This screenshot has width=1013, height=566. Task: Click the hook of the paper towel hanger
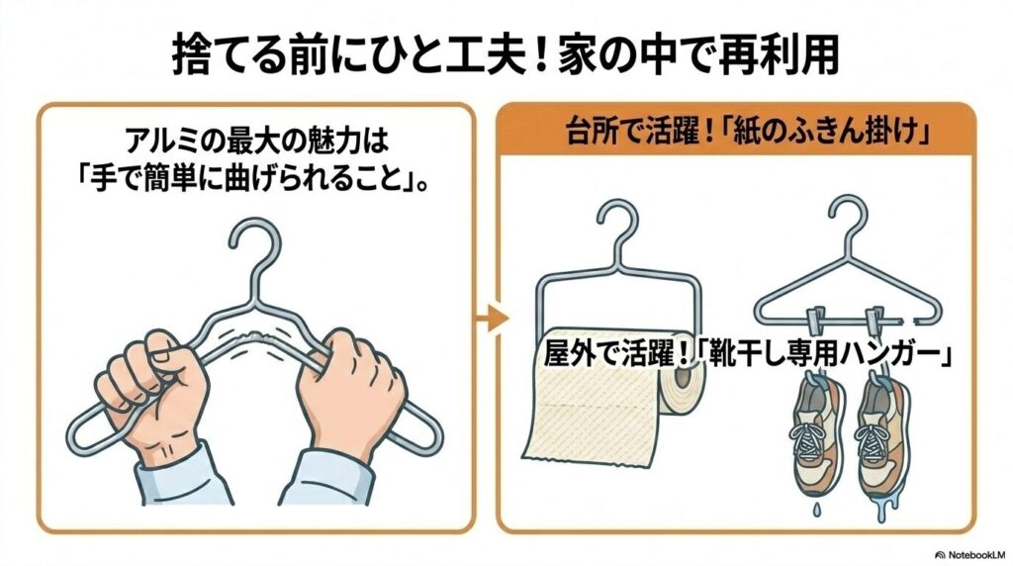coord(614,229)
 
